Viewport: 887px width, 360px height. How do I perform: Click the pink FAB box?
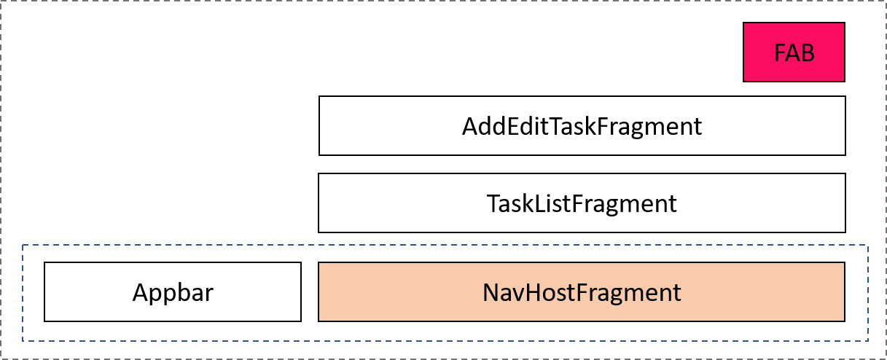(x=794, y=52)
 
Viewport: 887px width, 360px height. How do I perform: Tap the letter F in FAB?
(x=780, y=53)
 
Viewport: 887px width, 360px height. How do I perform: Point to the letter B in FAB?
(x=807, y=53)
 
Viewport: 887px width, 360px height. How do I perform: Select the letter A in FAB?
(x=793, y=53)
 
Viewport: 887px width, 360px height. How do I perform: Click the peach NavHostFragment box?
(x=581, y=291)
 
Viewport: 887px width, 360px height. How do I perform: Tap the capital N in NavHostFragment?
(x=491, y=293)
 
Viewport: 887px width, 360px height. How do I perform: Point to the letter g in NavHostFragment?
(x=612, y=295)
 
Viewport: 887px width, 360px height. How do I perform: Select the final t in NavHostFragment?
(x=676, y=293)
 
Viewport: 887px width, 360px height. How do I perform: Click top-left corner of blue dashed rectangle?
(x=23, y=245)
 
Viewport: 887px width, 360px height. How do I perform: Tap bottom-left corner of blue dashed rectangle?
(x=23, y=341)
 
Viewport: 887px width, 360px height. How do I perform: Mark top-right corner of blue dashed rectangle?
(x=867, y=245)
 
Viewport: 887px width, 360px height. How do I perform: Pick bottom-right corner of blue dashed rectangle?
(x=867, y=341)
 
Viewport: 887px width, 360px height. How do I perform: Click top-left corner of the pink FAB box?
(x=744, y=23)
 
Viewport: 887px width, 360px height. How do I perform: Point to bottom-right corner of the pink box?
(x=843, y=80)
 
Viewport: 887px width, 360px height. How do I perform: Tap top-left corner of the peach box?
(x=319, y=263)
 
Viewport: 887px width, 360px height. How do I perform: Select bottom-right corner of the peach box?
(x=843, y=320)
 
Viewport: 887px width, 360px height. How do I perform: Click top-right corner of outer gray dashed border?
(x=885, y=1)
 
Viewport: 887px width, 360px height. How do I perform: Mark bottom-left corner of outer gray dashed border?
(x=1, y=358)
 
